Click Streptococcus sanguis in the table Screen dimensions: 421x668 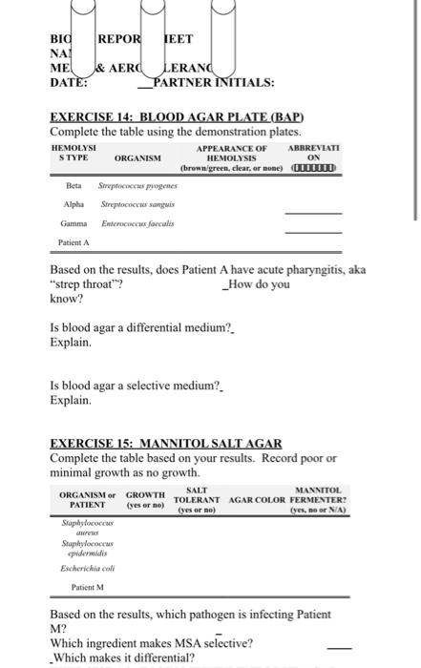pyautogui.click(x=131, y=205)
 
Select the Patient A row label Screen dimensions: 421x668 pyautogui.click(x=74, y=242)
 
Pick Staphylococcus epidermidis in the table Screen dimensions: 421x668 pyautogui.click(x=87, y=547)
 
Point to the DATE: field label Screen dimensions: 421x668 pyautogui.click(x=69, y=82)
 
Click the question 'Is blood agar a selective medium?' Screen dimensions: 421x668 pyautogui.click(x=135, y=386)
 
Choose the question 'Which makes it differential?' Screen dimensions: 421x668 pyautogui.click(x=124, y=658)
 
